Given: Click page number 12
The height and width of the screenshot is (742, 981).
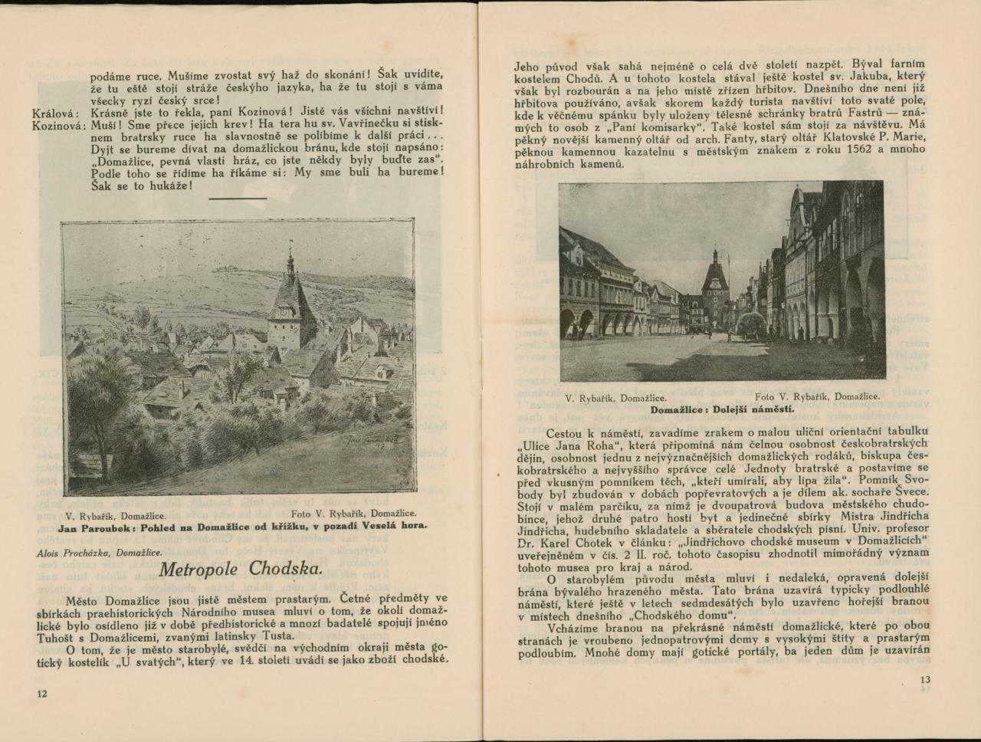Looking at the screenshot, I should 42,693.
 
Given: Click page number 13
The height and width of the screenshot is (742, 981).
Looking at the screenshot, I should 924,679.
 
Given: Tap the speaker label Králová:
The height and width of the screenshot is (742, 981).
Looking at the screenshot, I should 56,113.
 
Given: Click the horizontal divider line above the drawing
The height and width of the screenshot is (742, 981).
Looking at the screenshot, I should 238,198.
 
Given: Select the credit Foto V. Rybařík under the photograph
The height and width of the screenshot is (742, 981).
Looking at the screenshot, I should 817,397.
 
